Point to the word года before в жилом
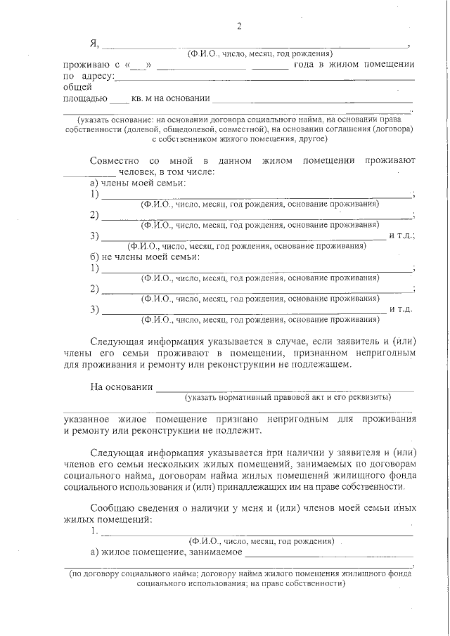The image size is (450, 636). [x=307, y=65]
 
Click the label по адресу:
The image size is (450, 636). [x=88, y=76]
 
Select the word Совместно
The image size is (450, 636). [x=114, y=161]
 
